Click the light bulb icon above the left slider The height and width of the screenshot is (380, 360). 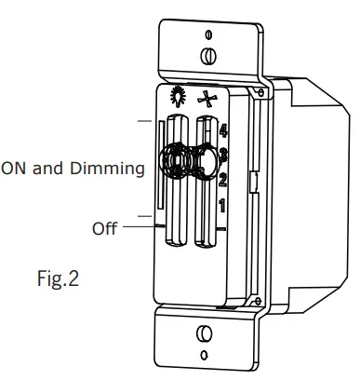(x=177, y=98)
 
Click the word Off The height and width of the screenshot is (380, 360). (x=105, y=227)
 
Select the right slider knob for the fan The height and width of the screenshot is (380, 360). (x=204, y=160)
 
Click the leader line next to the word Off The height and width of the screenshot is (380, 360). (x=133, y=226)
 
